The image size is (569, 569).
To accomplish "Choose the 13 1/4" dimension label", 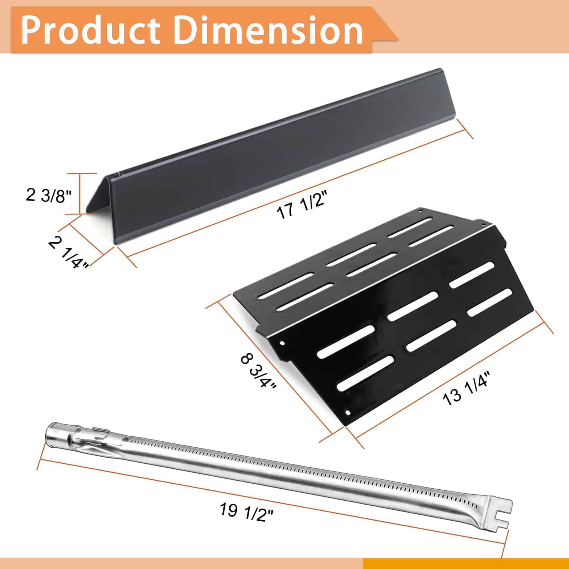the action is point(467,388).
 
